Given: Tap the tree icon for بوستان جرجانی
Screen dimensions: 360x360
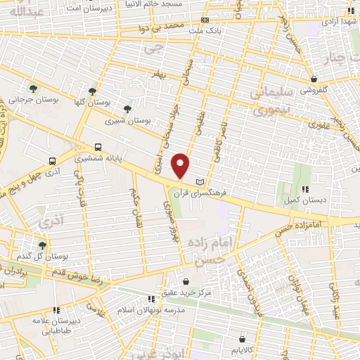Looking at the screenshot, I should click(x=33, y=88).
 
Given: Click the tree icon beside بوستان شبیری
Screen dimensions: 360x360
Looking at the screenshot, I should click(x=127, y=109).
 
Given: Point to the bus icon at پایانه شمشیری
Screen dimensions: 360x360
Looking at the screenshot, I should click(x=97, y=148).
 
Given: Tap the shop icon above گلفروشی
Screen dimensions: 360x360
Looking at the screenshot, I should click(x=314, y=79).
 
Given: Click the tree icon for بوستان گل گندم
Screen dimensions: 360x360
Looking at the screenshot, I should click(x=42, y=245).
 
